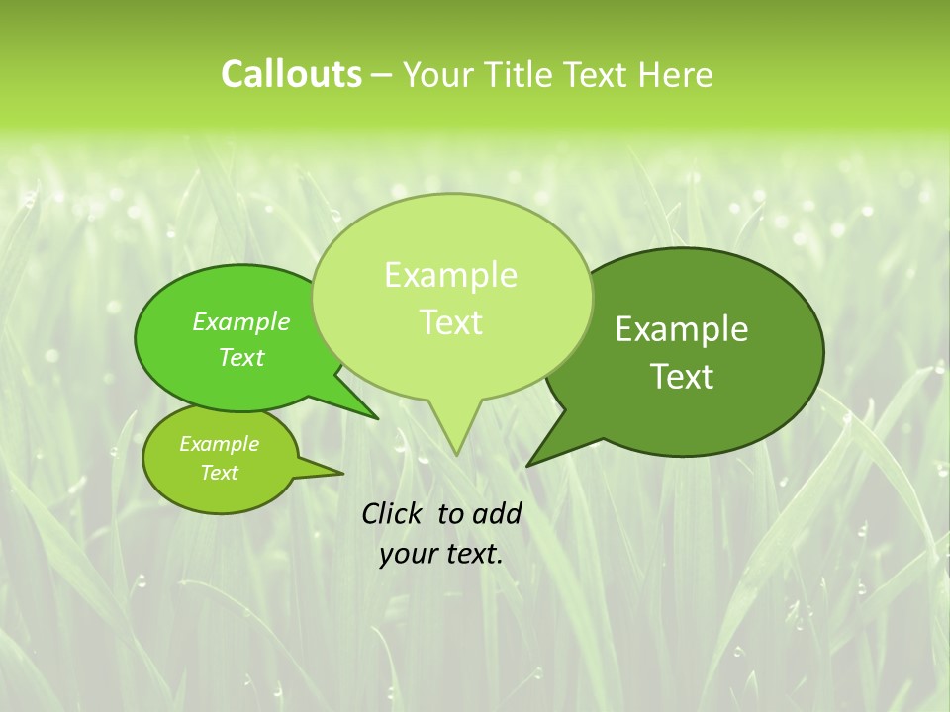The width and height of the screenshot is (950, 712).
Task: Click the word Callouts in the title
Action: coord(291,74)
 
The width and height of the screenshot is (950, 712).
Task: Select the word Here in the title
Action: coord(676,75)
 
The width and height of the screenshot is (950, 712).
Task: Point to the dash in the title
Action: coord(382,76)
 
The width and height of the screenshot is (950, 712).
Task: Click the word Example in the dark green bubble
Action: coord(682,329)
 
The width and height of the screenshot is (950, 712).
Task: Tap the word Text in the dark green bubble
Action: coord(682,377)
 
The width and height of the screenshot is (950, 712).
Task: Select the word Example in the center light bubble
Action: coord(450,275)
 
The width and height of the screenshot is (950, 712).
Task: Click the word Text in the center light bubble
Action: coord(450,322)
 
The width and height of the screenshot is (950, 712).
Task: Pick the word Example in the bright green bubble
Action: coord(241,321)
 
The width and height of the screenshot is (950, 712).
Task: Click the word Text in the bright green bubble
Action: coord(241,357)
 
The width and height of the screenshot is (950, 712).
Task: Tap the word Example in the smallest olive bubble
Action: coord(219,444)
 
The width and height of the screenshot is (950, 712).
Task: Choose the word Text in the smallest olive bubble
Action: coord(219,473)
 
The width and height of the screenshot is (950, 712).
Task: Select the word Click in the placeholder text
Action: coord(393,513)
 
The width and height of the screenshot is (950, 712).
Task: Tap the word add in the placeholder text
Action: coord(496,513)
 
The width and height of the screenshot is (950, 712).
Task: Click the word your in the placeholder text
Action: coord(405,554)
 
